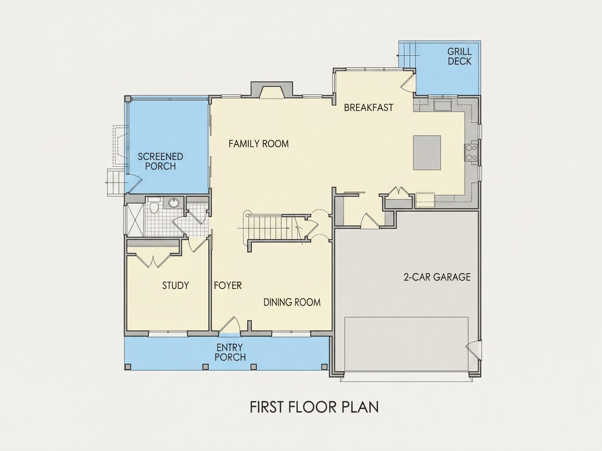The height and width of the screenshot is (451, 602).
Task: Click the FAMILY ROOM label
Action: pyautogui.click(x=259, y=144)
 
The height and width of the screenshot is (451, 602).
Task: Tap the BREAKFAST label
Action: pyautogui.click(x=369, y=107)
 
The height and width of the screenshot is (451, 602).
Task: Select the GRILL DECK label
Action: pyautogui.click(x=459, y=56)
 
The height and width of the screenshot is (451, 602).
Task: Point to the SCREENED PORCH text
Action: pyautogui.click(x=160, y=161)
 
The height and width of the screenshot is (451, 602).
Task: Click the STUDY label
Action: pyautogui.click(x=176, y=286)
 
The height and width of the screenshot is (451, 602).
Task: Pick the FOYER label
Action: pyautogui.click(x=228, y=286)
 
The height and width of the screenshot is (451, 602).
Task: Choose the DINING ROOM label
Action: pyautogui.click(x=292, y=302)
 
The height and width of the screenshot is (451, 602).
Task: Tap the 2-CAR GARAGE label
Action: pyautogui.click(x=437, y=277)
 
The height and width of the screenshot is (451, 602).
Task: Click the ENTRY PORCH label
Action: pyautogui.click(x=230, y=352)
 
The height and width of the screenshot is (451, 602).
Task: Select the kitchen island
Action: pyautogui.click(x=427, y=152)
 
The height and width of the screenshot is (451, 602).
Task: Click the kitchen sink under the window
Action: pyautogui.click(x=443, y=105)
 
